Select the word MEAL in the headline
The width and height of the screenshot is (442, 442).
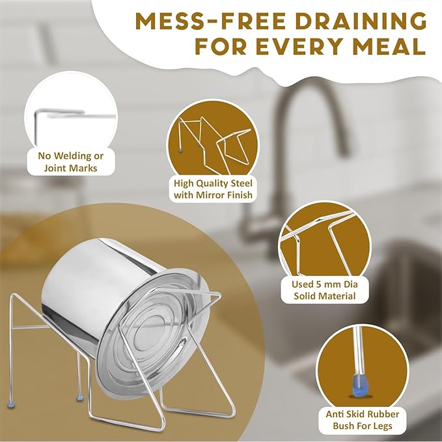389,46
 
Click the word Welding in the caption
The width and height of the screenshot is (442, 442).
73,156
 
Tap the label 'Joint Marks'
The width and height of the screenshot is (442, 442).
70,169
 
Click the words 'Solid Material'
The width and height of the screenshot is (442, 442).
325,296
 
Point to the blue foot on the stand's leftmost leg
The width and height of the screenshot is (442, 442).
11,404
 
